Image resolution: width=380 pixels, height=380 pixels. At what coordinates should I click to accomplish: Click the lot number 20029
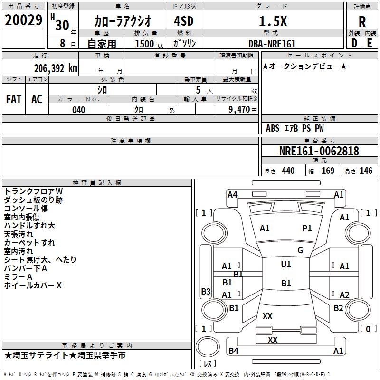tap(23, 20)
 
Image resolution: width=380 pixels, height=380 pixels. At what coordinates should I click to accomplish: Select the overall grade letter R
tap(362, 21)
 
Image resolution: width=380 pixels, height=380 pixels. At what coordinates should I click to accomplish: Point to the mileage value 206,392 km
tap(56, 68)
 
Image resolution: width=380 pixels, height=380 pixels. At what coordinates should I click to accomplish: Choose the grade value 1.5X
tap(272, 21)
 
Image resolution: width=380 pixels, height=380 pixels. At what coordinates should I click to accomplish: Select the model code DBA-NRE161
tap(272, 44)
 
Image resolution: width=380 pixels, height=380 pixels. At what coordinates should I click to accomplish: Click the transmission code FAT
tap(13, 99)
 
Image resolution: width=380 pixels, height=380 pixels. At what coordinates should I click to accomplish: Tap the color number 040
tap(78, 110)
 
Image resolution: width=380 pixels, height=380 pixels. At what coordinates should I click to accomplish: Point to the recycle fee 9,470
tap(239, 110)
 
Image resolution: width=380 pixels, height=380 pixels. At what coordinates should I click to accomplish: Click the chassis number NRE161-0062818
tap(319, 152)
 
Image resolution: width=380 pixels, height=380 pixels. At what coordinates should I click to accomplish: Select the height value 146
tap(366, 171)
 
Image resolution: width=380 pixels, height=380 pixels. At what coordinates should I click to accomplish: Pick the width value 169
tap(328, 171)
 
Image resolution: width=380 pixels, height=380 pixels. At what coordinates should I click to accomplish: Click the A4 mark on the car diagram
tap(232, 194)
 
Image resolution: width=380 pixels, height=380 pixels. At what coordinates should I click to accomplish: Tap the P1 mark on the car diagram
tap(307, 228)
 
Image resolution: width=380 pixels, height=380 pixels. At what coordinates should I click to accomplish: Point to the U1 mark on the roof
tap(285, 265)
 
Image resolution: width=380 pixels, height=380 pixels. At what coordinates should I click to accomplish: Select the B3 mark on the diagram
tap(206, 292)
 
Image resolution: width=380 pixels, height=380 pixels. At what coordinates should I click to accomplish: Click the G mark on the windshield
tap(300, 250)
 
